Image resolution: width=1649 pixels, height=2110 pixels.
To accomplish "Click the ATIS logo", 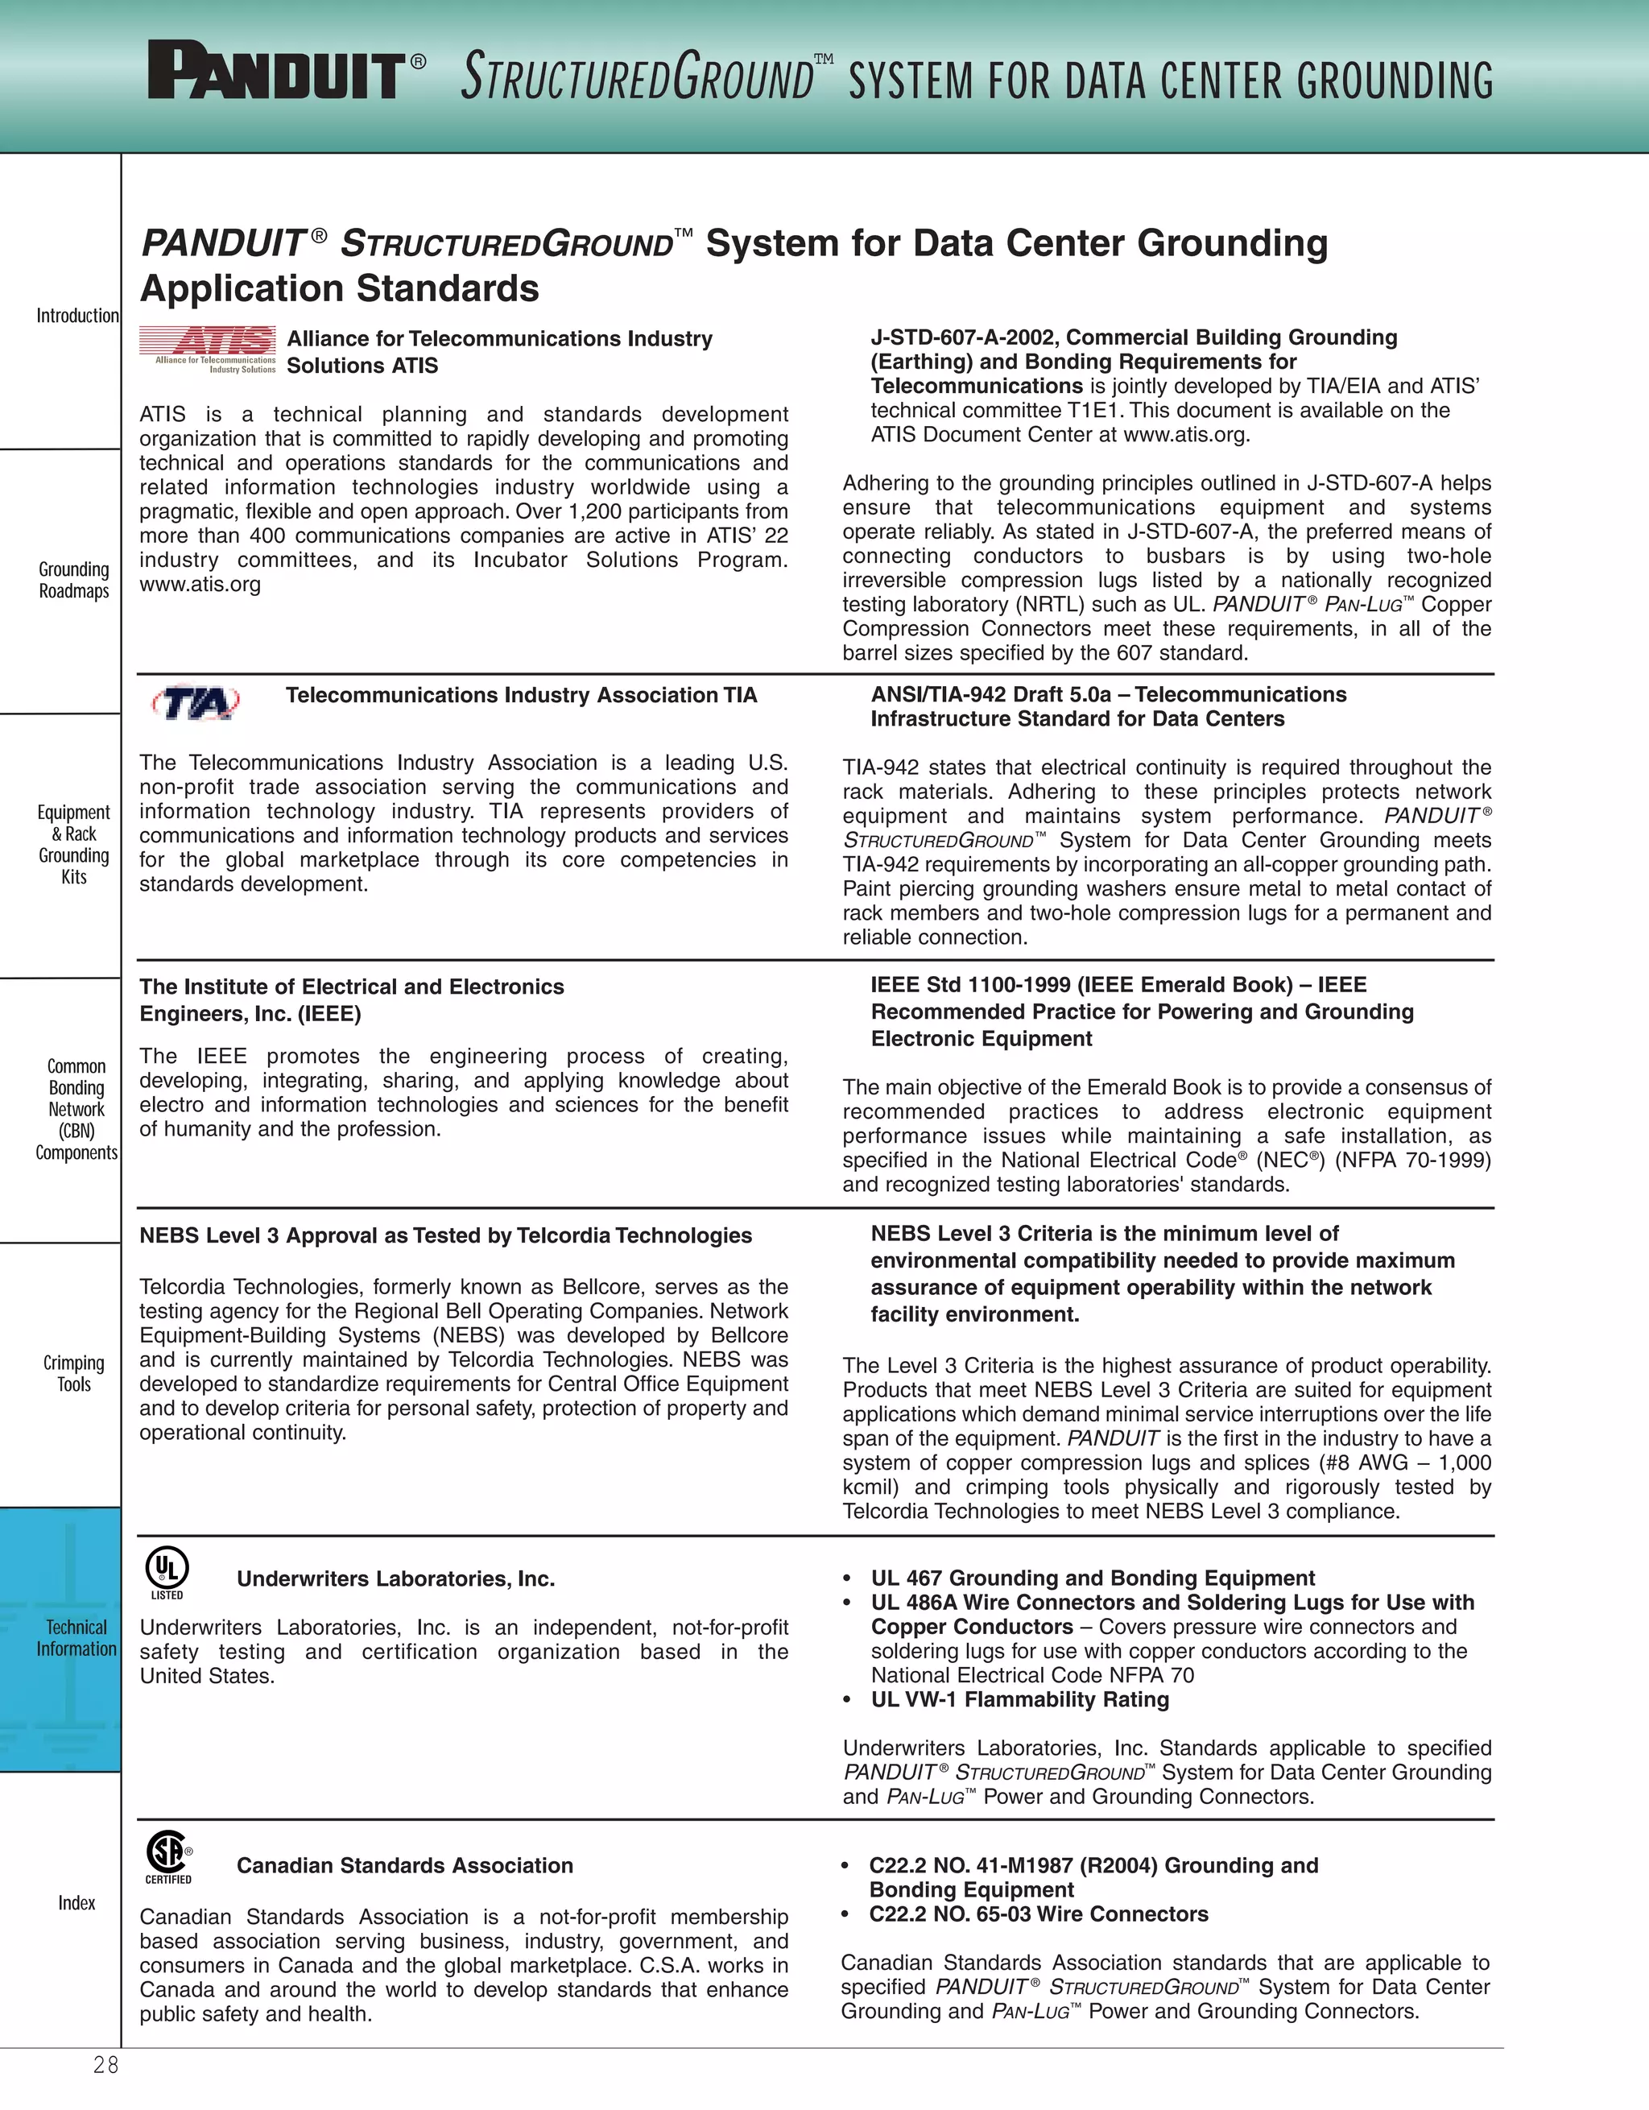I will (208, 350).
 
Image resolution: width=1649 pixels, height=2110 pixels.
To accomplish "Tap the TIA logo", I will (196, 702).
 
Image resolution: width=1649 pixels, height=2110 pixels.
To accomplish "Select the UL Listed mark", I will (167, 1572).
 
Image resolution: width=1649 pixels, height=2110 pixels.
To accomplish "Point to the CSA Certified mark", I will (168, 1857).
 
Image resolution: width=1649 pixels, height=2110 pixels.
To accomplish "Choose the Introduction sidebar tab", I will (77, 316).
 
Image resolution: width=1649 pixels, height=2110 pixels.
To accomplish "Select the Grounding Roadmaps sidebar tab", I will (74, 580).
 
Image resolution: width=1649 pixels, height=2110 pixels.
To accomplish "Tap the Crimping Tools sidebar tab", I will (74, 1373).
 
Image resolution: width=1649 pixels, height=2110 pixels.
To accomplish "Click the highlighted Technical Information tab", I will (76, 1637).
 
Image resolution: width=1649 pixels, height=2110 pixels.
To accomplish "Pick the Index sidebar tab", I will (76, 1902).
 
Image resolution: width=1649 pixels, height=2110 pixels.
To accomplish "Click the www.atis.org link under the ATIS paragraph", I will (200, 585).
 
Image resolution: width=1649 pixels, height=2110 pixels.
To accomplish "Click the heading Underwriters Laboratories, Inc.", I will (395, 1578).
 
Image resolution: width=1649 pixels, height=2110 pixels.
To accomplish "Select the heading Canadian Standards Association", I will (405, 1865).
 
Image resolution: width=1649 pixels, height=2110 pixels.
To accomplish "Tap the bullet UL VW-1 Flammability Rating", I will (1019, 1699).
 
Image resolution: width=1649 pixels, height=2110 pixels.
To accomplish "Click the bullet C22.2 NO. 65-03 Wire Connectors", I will (1039, 1913).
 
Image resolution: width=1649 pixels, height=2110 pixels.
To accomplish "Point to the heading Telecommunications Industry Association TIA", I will (521, 696).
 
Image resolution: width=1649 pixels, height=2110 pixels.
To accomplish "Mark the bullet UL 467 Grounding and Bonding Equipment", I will (1092, 1578).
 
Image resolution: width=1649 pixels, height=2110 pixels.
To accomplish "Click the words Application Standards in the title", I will (339, 289).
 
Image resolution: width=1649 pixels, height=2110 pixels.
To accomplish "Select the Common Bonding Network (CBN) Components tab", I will (76, 1109).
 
